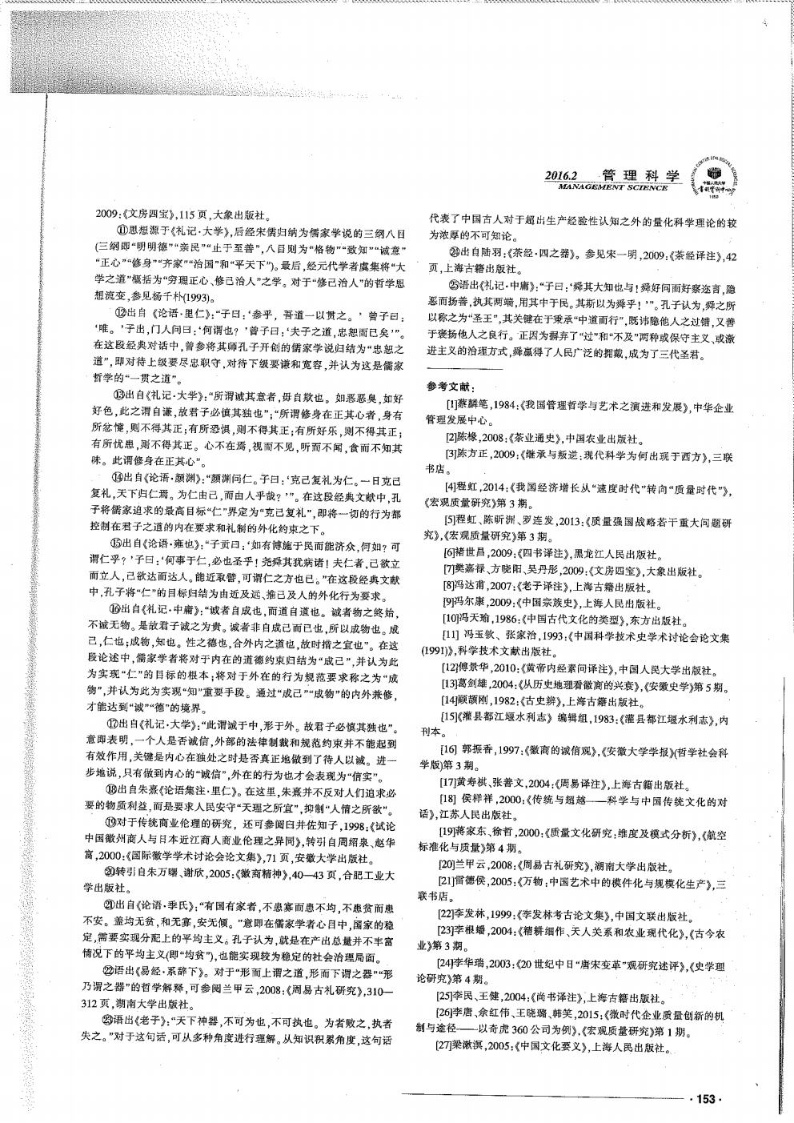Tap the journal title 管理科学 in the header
click(x=640, y=175)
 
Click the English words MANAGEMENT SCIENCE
click(x=613, y=187)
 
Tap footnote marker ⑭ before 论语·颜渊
click(x=118, y=476)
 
